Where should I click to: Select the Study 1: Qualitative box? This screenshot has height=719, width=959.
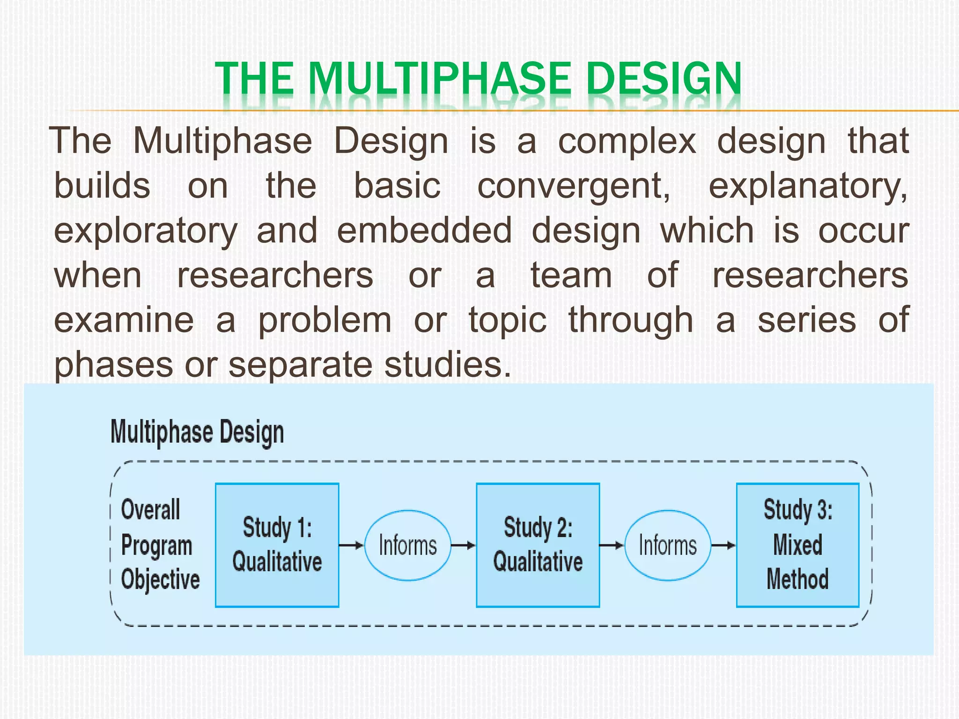[x=277, y=545]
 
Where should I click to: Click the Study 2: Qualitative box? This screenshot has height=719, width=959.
[x=538, y=545]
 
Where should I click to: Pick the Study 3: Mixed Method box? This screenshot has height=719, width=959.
[x=797, y=545]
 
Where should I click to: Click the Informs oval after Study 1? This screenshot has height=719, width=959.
[x=407, y=545]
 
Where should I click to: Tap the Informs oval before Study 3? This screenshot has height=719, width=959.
[x=668, y=545]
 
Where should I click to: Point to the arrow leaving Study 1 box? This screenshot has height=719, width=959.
[x=351, y=545]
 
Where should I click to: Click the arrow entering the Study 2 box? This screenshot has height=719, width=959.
[x=463, y=545]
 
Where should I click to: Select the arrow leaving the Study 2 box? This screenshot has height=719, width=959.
[x=612, y=545]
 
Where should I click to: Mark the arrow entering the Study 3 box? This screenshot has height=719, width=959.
[x=723, y=545]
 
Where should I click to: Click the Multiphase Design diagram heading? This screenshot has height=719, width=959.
[x=197, y=432]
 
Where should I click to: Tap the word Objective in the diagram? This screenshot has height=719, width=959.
[x=160, y=580]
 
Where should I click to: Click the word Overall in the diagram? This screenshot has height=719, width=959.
[x=150, y=509]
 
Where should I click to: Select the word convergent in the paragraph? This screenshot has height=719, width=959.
[x=573, y=186]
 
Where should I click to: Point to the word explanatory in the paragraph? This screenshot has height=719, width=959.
[x=807, y=186]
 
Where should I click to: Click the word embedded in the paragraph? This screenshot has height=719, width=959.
[x=424, y=231]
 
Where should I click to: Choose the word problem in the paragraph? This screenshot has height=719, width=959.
[x=325, y=320]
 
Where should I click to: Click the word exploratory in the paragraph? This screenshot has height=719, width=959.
[x=146, y=231]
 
